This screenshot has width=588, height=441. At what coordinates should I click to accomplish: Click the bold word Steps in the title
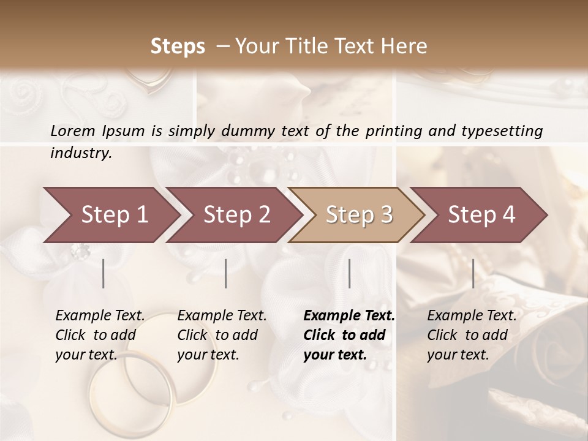click(x=178, y=47)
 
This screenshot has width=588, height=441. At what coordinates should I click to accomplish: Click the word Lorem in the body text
click(x=72, y=130)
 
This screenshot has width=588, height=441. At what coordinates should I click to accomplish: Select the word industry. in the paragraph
click(x=81, y=153)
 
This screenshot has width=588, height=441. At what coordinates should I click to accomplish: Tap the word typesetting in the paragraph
click(x=502, y=130)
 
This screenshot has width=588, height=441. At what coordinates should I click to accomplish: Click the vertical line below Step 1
click(x=104, y=273)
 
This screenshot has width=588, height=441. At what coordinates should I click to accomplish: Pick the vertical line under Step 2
click(x=226, y=273)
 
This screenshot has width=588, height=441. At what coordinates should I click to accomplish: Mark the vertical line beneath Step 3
click(x=350, y=273)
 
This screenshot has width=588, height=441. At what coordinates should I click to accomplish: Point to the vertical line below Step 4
click(x=473, y=273)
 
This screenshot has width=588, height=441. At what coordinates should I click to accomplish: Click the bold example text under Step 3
click(x=349, y=335)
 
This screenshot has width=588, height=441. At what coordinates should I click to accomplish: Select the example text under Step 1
click(x=100, y=335)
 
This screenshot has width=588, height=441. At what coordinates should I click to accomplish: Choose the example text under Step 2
click(x=222, y=335)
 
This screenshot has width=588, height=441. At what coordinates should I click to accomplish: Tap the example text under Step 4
click(x=472, y=335)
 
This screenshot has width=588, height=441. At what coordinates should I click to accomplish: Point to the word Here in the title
click(x=407, y=47)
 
